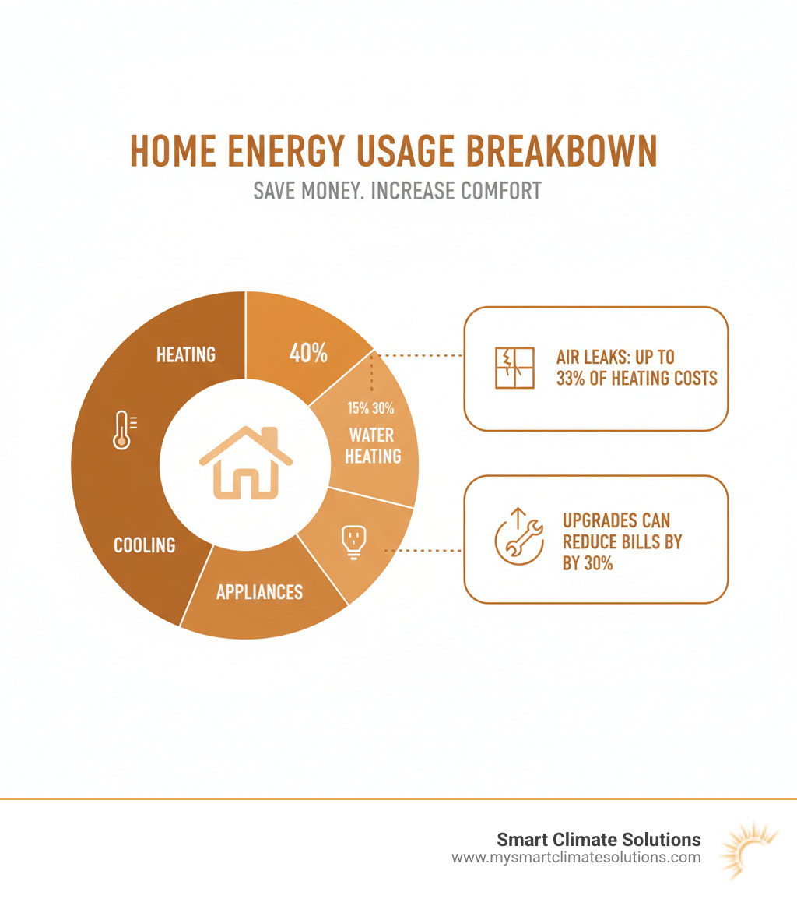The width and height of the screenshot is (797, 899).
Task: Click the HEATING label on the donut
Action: pos(186,354)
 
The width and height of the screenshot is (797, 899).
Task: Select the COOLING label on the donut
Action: pos(145,544)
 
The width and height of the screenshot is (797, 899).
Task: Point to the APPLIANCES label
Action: pos(259,592)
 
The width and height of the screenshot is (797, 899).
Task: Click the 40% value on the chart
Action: pos(308,352)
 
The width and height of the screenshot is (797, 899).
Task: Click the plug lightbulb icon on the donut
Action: pos(353,541)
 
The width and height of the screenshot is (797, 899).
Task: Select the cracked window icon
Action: pos(514,368)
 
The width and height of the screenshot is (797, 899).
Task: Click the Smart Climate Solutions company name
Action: pos(599,840)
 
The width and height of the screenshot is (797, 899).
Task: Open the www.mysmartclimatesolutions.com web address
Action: pos(576,858)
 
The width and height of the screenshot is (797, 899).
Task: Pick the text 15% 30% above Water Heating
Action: pos(371,408)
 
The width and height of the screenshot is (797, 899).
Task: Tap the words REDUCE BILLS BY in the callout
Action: pos(621,541)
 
